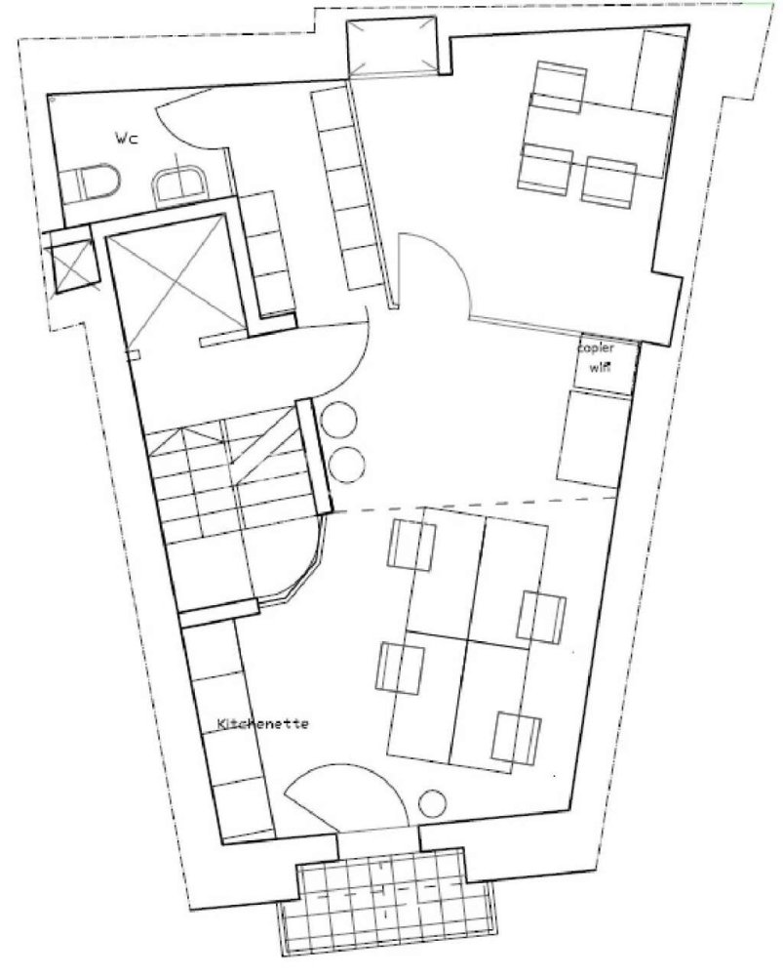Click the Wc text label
pyautogui.click(x=127, y=138)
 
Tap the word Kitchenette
pyautogui.click(x=262, y=724)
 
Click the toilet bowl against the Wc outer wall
pyautogui.click(x=97, y=183)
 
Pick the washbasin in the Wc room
pyautogui.click(x=178, y=183)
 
